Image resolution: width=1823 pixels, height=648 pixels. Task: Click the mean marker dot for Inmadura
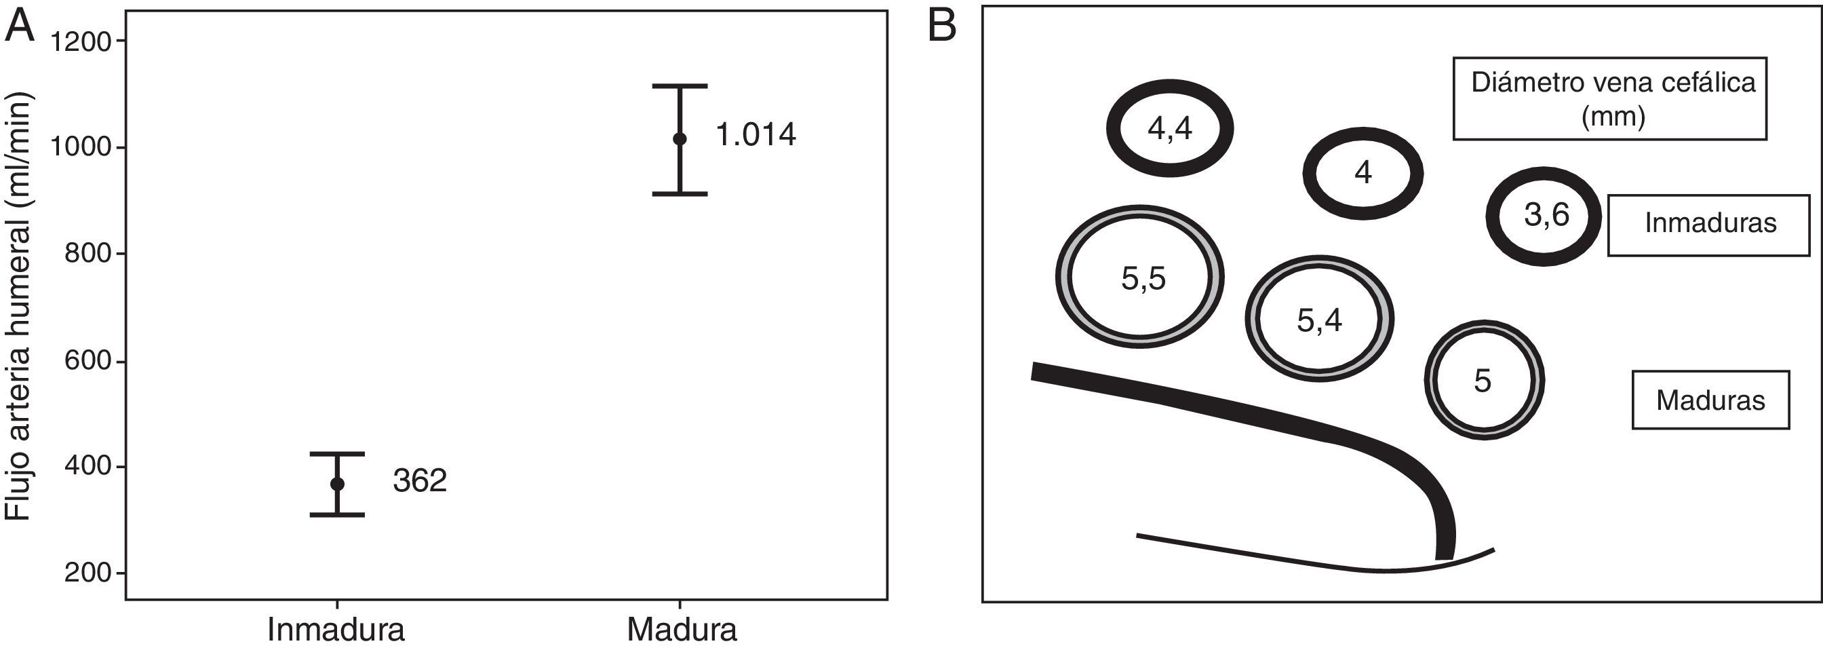(338, 484)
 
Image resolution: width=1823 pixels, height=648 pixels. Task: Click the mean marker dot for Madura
(680, 139)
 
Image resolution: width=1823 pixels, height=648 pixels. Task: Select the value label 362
(420, 482)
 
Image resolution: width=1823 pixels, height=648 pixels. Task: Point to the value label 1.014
(756, 134)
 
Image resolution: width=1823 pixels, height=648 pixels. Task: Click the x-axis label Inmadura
(336, 630)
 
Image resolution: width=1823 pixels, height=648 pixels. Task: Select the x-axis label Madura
(682, 630)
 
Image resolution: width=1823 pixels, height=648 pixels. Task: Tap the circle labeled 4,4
(1170, 128)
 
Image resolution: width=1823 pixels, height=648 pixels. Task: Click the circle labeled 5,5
(1139, 277)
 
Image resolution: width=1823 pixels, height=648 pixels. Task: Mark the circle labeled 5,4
(1319, 320)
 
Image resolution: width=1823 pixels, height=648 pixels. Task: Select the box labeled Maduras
(1710, 400)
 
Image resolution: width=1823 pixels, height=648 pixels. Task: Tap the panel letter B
(941, 26)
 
